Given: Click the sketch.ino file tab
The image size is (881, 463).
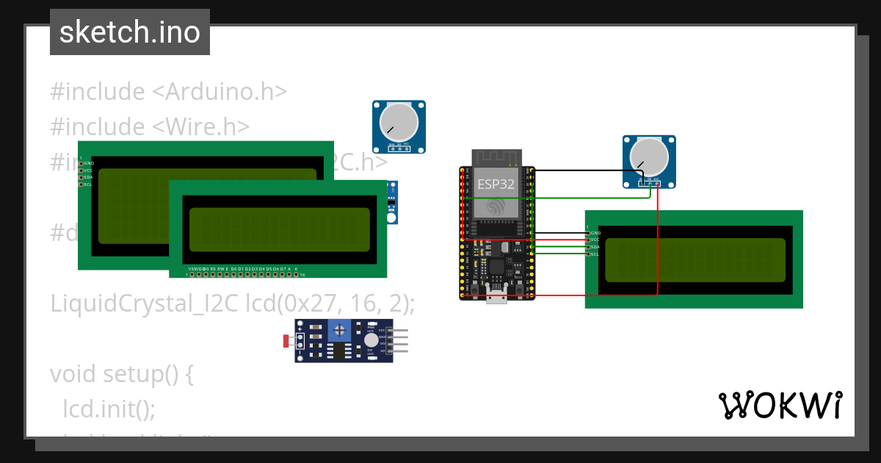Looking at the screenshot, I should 130,32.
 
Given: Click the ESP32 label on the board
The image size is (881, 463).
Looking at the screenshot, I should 496,184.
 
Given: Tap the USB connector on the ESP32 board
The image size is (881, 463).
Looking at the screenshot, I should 497,295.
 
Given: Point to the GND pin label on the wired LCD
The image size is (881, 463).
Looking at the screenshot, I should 595,233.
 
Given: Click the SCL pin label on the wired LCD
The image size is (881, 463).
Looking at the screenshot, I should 595,254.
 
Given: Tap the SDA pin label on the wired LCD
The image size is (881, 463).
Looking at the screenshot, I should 595,247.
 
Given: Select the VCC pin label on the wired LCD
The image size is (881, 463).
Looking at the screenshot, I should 595,240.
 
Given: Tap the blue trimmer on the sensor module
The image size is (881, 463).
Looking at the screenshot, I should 338,330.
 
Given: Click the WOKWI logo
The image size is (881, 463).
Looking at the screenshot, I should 780,406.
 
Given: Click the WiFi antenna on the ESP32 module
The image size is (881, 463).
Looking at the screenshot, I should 496,158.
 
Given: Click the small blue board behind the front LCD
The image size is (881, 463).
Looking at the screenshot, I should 393,202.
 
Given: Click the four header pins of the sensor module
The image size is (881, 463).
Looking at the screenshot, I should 399,341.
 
